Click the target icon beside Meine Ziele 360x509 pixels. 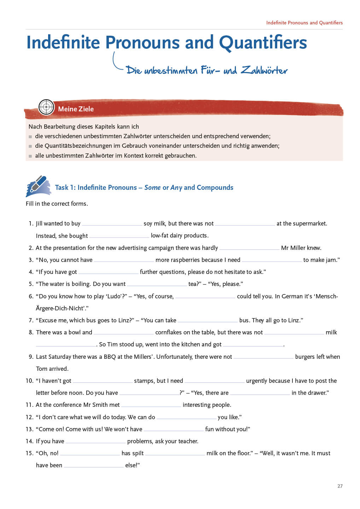[x=46, y=107]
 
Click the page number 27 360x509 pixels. [x=340, y=486]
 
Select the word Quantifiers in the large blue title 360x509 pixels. [x=263, y=42]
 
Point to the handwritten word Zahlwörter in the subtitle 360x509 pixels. [x=264, y=70]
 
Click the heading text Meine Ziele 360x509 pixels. [x=76, y=109]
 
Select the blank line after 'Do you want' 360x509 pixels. [x=157, y=285]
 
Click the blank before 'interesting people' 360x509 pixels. [x=151, y=405]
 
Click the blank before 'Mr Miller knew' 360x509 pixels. [x=249, y=248]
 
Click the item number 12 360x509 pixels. [x=29, y=417]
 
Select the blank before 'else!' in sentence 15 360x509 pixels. [x=94, y=466]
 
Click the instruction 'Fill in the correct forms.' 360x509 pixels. [x=57, y=204]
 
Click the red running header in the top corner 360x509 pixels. [x=304, y=23]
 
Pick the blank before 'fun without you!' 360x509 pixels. [x=174, y=430]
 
